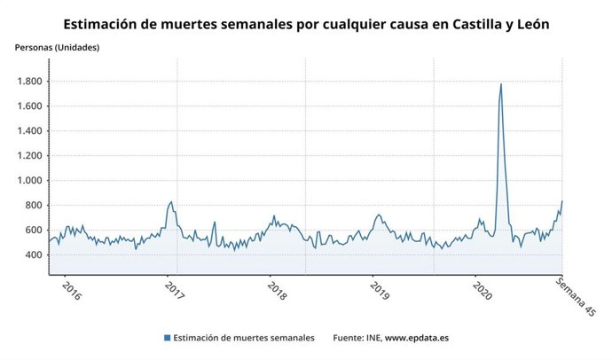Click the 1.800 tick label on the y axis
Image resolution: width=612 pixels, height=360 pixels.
(x=28, y=82)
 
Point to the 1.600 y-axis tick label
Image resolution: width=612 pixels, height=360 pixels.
(x=28, y=106)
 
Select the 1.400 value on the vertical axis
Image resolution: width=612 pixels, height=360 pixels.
(x=28, y=131)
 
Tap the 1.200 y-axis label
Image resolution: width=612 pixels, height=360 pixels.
(x=28, y=156)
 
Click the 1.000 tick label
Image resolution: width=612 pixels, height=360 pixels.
(x=28, y=181)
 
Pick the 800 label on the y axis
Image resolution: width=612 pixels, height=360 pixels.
(x=33, y=206)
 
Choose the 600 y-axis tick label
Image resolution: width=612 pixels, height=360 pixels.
(x=33, y=231)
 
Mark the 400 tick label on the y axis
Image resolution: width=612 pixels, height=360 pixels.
(x=33, y=255)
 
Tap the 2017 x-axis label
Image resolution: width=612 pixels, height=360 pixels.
(x=175, y=292)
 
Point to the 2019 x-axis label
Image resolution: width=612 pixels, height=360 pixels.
(x=381, y=292)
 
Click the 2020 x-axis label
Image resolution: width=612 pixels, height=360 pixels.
(x=483, y=292)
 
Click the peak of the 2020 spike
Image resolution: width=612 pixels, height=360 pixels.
(x=501, y=85)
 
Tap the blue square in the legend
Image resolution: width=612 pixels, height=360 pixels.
(x=167, y=338)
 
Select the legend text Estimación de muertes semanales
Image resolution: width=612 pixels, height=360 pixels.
(x=243, y=338)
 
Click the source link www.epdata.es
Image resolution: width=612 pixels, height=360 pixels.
(x=416, y=338)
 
